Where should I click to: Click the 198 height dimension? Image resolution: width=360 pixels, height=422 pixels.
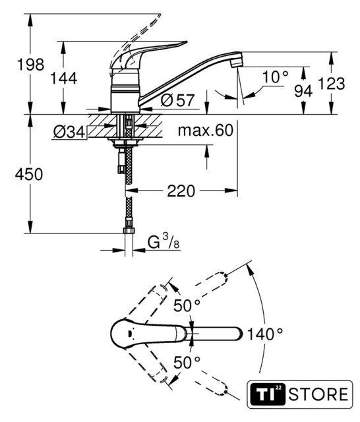(30, 65)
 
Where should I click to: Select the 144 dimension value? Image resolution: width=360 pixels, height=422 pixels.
(64, 78)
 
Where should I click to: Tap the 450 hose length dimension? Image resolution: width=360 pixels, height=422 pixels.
(29, 174)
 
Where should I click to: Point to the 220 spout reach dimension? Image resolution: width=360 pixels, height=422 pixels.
(181, 191)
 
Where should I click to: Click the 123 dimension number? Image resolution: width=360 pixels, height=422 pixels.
(331, 84)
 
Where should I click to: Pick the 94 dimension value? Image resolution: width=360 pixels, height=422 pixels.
(303, 91)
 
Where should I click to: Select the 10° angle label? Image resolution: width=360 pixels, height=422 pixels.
(275, 77)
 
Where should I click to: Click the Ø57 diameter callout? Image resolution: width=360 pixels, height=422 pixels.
(177, 100)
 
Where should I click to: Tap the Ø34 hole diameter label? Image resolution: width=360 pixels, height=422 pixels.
(69, 132)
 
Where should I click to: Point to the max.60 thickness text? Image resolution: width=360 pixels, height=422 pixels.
(206, 131)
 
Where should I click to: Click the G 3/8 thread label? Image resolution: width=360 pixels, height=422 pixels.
(164, 241)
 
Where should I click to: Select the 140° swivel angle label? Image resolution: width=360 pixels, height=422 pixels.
(265, 334)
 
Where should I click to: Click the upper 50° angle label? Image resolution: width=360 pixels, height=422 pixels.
(187, 305)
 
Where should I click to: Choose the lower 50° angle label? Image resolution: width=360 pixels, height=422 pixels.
(187, 362)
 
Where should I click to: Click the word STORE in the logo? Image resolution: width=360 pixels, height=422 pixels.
(318, 394)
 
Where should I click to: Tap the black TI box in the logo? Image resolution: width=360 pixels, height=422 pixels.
(268, 394)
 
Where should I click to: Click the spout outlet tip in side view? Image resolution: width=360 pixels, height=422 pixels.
(237, 63)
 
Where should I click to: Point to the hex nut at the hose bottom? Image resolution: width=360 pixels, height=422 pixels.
(129, 231)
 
